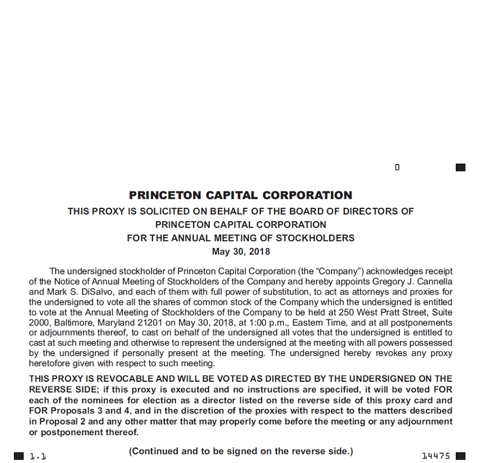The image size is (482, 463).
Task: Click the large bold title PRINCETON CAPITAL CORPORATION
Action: point(240,195)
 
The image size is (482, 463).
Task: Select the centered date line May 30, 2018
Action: point(240,251)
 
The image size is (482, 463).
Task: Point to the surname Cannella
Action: point(432,281)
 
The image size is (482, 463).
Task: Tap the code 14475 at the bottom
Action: point(435,456)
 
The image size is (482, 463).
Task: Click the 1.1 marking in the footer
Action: point(37,457)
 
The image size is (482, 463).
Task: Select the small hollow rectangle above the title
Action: point(397,167)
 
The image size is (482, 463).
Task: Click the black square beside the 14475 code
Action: point(460,456)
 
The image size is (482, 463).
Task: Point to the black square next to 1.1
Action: point(19,456)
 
